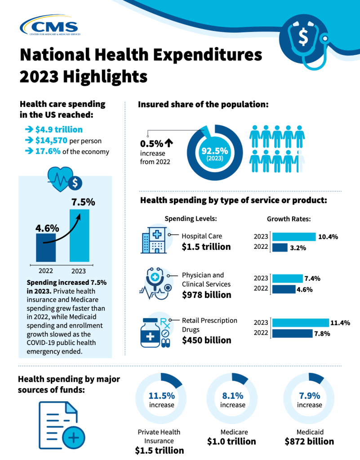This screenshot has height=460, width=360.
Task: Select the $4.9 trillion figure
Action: [x=59, y=129]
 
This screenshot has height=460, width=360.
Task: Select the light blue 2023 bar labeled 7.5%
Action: [x=79, y=235]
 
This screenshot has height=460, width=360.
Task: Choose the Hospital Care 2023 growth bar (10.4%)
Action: [x=294, y=237]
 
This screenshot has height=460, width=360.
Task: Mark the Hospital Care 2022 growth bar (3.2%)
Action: [x=280, y=247]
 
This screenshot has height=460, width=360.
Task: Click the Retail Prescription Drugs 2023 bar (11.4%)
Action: [x=300, y=323]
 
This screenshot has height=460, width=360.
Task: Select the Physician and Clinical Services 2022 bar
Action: [x=284, y=289]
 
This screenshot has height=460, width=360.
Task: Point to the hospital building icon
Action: [x=153, y=240]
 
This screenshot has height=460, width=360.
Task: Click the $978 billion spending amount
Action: [x=206, y=295]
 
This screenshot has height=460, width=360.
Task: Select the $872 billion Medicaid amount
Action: [x=309, y=441]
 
